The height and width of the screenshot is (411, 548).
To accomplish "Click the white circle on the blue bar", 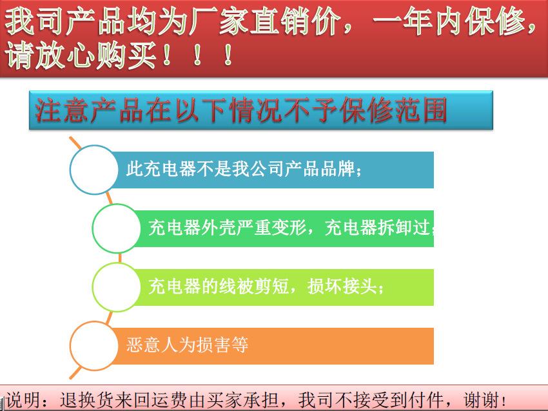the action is point(94,170).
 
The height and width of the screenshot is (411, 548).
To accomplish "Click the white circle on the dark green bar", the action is point(117,228).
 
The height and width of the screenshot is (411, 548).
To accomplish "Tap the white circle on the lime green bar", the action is point(117,287).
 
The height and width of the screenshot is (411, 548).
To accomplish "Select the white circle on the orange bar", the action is point(94,346).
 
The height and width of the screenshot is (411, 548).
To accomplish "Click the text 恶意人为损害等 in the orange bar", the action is point(188,345).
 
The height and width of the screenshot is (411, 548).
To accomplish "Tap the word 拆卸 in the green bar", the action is point(395,228).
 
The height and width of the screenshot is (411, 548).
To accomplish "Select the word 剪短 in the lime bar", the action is point(271,286).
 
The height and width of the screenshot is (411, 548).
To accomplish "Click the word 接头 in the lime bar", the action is point(360,286).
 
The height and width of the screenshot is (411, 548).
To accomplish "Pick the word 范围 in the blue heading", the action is point(421,110).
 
